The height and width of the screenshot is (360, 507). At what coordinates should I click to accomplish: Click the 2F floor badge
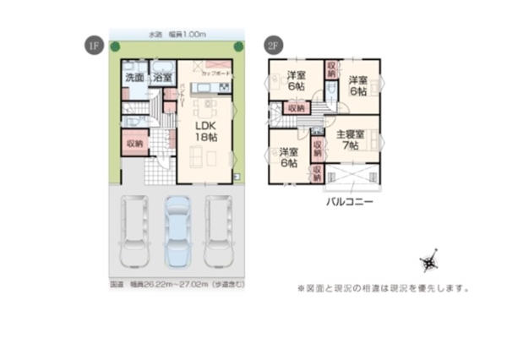point(272,45)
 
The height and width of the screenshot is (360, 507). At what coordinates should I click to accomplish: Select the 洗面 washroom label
point(134,77)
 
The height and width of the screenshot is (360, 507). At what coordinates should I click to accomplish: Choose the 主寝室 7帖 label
point(350,139)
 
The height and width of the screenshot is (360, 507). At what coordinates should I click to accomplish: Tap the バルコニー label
point(348,203)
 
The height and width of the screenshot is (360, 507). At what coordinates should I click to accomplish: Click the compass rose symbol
point(430,261)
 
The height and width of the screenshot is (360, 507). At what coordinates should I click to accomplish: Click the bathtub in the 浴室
point(163,67)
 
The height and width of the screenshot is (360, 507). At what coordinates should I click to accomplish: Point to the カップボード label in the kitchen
point(216,74)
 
